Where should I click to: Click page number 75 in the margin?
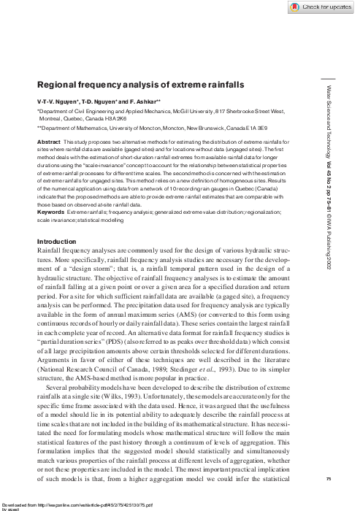331,477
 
